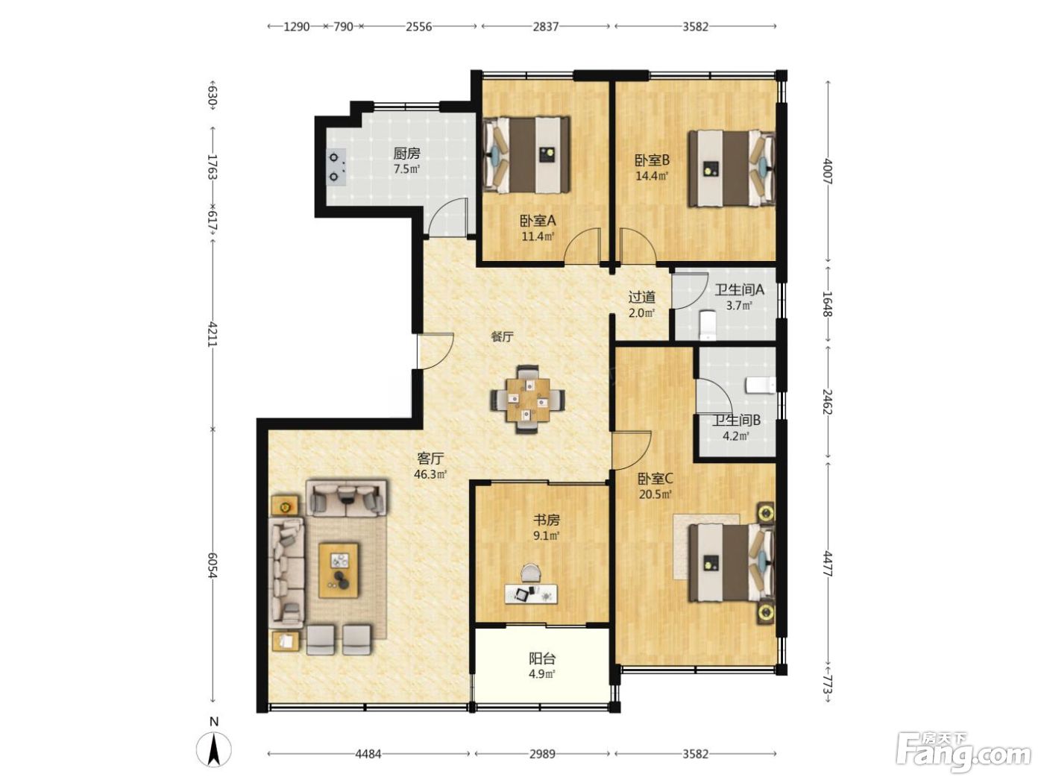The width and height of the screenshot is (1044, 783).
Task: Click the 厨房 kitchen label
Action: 406,154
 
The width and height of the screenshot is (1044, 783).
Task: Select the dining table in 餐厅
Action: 528,399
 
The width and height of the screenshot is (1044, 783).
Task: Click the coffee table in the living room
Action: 339,570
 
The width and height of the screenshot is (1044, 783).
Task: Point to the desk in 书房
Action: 531,594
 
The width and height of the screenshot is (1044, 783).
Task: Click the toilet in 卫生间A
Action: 708,325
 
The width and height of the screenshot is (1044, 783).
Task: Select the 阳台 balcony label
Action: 542,658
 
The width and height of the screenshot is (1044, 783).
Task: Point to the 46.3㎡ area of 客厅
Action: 430,474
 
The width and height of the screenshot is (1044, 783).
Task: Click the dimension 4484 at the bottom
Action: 368,754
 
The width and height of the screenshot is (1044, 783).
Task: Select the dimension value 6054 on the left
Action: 213,565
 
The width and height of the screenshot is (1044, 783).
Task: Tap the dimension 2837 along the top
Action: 545,27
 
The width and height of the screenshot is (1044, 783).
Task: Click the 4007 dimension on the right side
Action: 828,172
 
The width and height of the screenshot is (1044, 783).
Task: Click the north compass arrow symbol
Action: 214,749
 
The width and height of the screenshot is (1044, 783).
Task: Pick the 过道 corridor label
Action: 641,297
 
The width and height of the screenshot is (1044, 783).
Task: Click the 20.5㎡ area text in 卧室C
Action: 655,494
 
